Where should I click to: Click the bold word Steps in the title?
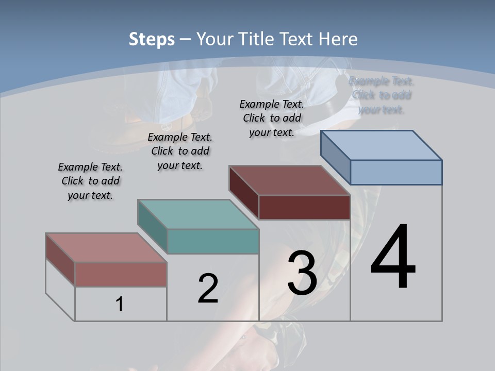pos(152,39)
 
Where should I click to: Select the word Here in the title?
pos(338,39)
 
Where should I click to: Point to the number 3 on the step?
pos(302,273)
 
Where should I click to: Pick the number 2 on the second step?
pos(208,289)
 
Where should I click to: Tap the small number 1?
pos(120,305)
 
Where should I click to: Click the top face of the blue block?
pos(382,145)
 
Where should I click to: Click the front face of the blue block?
pos(396,172)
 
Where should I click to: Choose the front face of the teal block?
pos(213,241)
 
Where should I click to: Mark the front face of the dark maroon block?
pos(304,207)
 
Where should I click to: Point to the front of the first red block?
pos(121,274)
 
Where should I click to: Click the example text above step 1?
pos(90,181)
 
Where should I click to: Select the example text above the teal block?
pos(180,151)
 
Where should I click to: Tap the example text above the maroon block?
pos(272,118)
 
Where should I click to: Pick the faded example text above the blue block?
pos(381,95)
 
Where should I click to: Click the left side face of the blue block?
pos(336,157)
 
